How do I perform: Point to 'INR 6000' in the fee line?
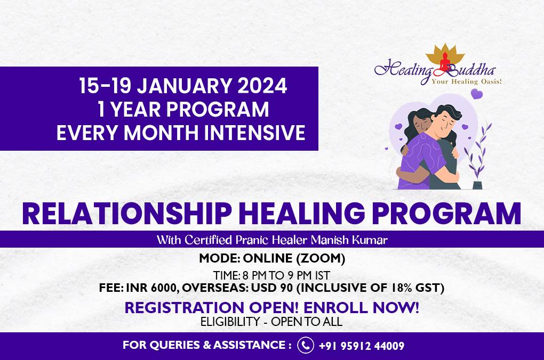click(152, 288)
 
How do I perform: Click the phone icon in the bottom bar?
click(306, 345)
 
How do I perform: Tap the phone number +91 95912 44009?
click(361, 346)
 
